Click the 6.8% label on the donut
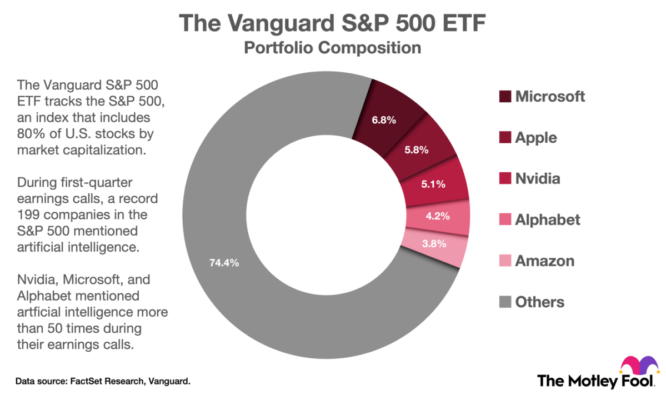tap(384, 120)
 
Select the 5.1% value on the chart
tap(433, 184)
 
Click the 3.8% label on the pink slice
tap(434, 243)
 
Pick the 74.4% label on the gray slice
tap(224, 263)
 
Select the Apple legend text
tap(535, 137)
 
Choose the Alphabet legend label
tap(547, 219)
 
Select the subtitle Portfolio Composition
tap(332, 48)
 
